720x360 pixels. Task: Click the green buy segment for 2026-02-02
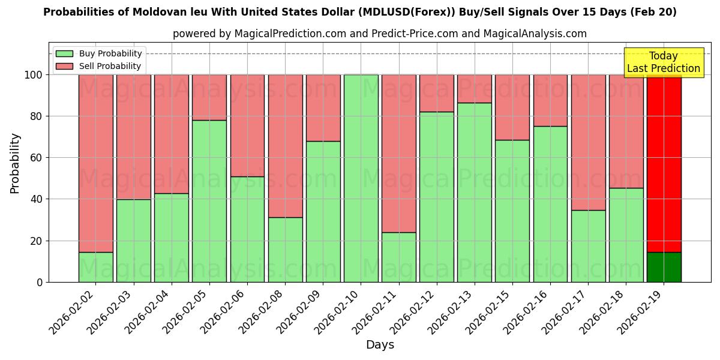(96, 267)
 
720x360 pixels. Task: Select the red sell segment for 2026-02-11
(399, 153)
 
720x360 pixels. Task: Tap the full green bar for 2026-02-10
(361, 178)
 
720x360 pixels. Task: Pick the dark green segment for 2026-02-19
(664, 267)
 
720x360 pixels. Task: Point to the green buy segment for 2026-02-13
(475, 192)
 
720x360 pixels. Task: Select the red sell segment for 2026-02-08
(286, 146)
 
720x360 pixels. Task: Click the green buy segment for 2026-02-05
(209, 201)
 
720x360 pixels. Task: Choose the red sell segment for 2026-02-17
(589, 142)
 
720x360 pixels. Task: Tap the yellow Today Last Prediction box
(664, 62)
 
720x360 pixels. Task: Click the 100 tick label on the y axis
(34, 75)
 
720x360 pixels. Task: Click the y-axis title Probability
(15, 163)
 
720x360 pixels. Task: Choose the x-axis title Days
(380, 345)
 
